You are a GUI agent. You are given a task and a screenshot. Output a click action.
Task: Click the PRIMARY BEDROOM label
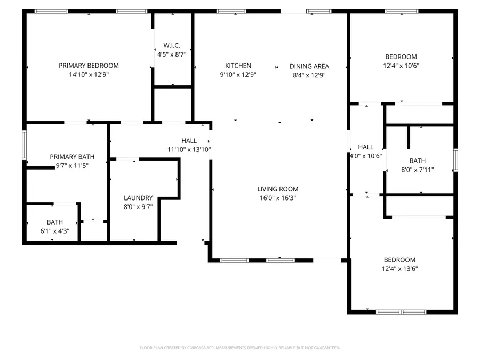point(89,66)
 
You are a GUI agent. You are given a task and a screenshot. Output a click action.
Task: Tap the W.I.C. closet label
point(171,45)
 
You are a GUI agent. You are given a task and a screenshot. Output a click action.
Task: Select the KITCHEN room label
point(238,66)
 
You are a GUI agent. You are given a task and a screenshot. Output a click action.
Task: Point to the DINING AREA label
point(309,66)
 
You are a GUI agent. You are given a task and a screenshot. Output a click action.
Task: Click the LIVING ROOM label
point(277,189)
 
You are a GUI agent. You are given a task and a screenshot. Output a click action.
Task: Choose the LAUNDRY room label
point(138,197)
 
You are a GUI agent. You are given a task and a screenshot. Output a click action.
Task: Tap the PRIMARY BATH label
point(72,157)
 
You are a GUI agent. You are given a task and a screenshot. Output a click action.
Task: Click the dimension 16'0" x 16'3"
point(277,198)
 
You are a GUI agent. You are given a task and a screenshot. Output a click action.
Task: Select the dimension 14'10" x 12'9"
point(89,75)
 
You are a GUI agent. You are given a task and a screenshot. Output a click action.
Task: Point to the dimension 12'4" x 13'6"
point(399,269)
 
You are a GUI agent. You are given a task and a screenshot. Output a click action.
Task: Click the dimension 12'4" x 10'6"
point(401,66)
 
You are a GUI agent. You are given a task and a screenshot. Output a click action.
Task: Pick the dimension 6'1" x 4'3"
point(54,231)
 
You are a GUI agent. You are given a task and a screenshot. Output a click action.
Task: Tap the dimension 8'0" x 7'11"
point(418,170)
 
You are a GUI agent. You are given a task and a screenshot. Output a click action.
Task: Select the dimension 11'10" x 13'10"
point(189,149)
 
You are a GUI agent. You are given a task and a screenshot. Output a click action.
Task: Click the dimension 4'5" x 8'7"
point(171,54)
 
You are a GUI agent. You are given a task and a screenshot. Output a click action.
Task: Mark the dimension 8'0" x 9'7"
point(138,206)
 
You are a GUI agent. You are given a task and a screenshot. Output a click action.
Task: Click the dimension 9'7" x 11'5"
point(72,166)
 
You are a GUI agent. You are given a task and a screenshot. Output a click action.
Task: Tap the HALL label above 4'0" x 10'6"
point(366,147)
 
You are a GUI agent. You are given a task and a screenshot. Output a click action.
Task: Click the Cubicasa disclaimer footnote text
point(239,348)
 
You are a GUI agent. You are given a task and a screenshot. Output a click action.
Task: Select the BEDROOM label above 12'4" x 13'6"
point(399,260)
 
